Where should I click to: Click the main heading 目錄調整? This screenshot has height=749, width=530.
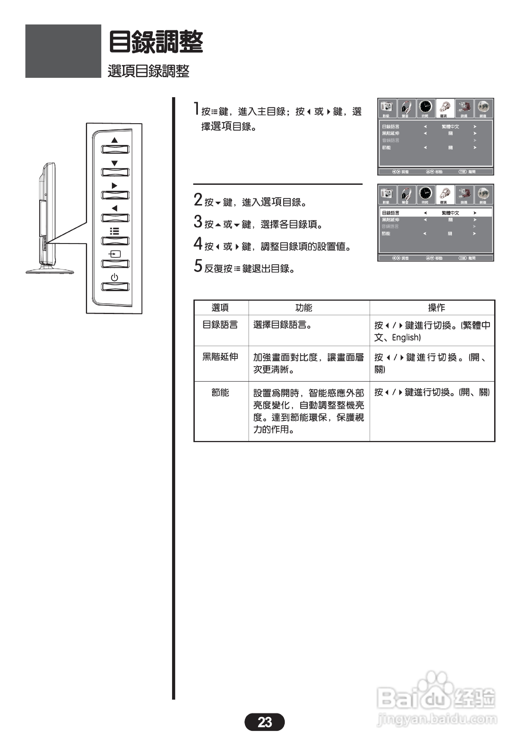point(156,42)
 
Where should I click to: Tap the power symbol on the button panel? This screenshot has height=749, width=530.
point(114,277)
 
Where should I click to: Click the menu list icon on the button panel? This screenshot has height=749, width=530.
point(114,231)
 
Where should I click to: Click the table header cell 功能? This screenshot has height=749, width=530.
point(303,308)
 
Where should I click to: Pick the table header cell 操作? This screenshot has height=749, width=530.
point(436,308)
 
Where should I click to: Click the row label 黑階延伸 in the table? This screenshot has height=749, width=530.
point(220,357)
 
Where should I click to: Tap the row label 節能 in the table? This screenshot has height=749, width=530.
point(220,393)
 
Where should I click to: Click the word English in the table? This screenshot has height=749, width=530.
point(406,337)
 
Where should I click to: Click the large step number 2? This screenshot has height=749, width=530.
point(198,200)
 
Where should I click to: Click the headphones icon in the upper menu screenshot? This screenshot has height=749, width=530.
point(406,107)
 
